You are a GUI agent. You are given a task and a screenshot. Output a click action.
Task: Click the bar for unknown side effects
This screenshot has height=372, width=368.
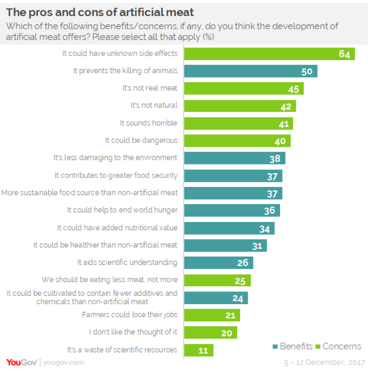pos(269,54)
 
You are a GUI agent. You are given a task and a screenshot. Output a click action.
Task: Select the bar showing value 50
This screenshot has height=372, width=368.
pos(250,71)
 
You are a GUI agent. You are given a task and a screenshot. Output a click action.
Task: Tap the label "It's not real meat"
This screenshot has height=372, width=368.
pos(150,88)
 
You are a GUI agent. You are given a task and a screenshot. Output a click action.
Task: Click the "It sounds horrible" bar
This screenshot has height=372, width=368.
pos(238,123)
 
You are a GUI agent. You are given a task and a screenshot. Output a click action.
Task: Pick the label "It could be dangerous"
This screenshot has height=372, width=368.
pos(141,140)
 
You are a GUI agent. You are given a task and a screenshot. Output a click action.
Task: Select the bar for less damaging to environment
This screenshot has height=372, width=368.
pos(234,158)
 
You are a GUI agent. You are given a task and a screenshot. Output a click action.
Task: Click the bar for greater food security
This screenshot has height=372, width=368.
pos(233,176)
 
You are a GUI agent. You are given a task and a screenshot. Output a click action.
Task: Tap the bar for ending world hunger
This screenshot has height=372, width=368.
pos(232,210)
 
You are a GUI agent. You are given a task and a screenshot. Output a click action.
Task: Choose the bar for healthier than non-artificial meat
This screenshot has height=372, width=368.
pos(225,246)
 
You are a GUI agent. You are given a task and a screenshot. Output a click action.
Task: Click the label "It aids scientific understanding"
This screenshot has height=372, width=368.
pos(127,262)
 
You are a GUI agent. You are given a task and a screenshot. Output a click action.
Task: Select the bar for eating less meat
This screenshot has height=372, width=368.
pos(217,280)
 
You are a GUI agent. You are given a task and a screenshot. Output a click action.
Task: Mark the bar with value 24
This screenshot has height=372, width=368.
pos(216,298)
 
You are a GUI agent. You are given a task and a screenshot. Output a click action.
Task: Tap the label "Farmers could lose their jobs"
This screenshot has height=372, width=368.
pos(130,315)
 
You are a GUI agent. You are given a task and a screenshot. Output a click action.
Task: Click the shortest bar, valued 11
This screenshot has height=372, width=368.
pos(199,350)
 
